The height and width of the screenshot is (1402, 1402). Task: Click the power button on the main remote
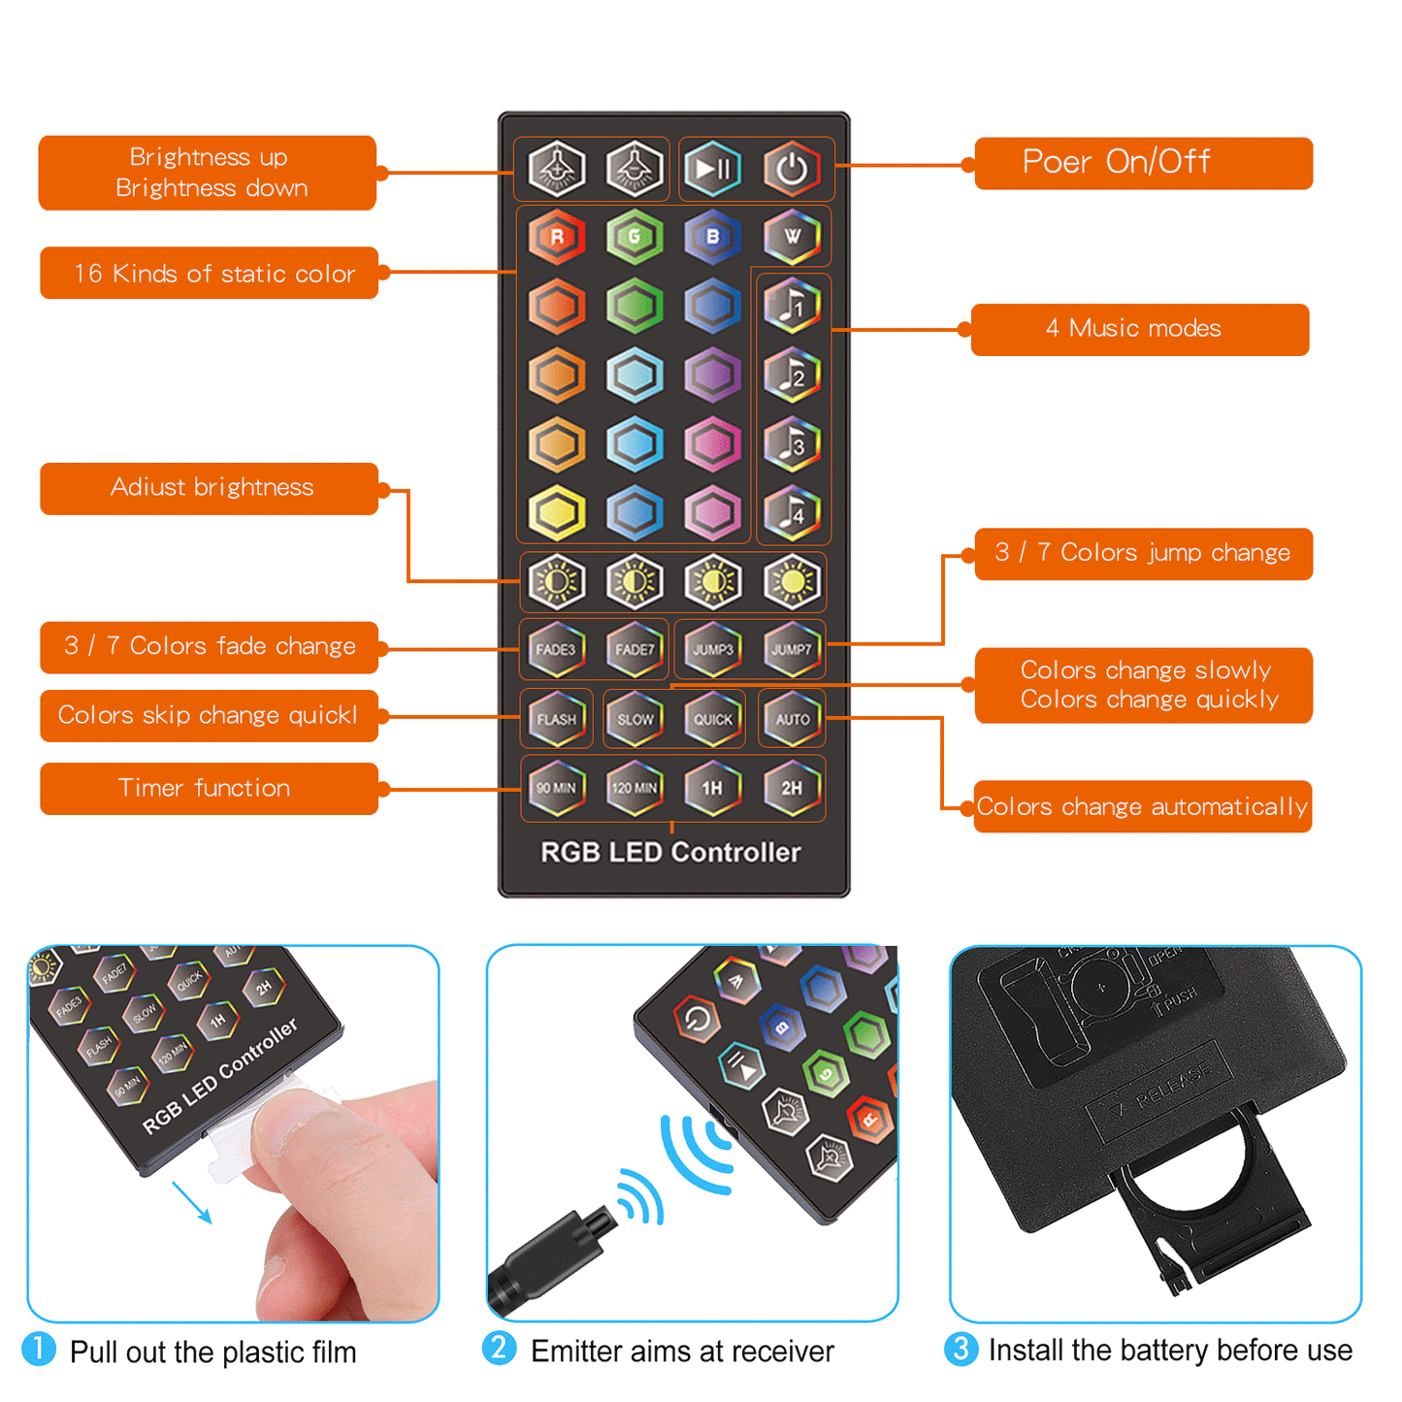pyautogui.click(x=792, y=169)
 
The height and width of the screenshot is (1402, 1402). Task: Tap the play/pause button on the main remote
pyautogui.click(x=713, y=169)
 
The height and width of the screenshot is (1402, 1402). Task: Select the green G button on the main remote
pyautogui.click(x=635, y=237)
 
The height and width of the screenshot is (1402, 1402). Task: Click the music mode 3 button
pyautogui.click(x=792, y=443)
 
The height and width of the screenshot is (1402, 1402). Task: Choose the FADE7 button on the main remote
pyautogui.click(x=635, y=649)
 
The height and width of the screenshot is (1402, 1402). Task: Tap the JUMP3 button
pyautogui.click(x=713, y=649)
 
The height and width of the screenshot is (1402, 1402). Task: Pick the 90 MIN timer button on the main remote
pyautogui.click(x=556, y=788)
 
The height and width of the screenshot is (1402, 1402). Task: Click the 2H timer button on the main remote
pyautogui.click(x=792, y=788)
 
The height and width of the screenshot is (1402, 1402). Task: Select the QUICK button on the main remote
pyautogui.click(x=713, y=719)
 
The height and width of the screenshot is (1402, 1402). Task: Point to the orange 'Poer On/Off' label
pyautogui.click(x=1143, y=163)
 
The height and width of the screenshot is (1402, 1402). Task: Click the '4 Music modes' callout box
pyautogui.click(x=1139, y=329)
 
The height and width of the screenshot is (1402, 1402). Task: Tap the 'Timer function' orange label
pyautogui.click(x=209, y=788)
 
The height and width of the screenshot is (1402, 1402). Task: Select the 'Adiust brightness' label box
pyautogui.click(x=209, y=488)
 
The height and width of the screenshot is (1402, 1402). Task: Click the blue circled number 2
pyautogui.click(x=500, y=1348)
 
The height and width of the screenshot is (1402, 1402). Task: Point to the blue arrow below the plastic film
pyautogui.click(x=192, y=1202)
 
